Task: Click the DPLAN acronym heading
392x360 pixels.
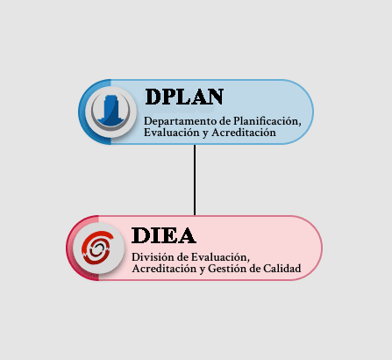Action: pyautogui.click(x=184, y=97)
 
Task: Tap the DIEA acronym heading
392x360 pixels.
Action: pyautogui.click(x=164, y=235)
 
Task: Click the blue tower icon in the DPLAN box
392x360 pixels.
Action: pyautogui.click(x=110, y=112)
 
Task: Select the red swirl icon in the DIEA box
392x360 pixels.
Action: pyautogui.click(x=97, y=248)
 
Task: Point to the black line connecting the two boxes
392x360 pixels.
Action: pyautogui.click(x=195, y=180)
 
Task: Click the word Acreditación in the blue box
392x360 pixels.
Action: pyautogui.click(x=244, y=133)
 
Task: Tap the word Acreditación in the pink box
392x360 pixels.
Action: pyautogui.click(x=164, y=269)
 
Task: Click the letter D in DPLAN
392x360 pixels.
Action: pyautogui.click(x=153, y=97)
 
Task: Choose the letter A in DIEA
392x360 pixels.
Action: pyautogui.click(x=187, y=235)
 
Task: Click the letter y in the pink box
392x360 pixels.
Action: pyautogui.click(x=203, y=270)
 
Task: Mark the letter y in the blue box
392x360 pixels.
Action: pyautogui.click(x=205, y=133)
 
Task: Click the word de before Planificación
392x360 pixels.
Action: pyautogui.click(x=225, y=121)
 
